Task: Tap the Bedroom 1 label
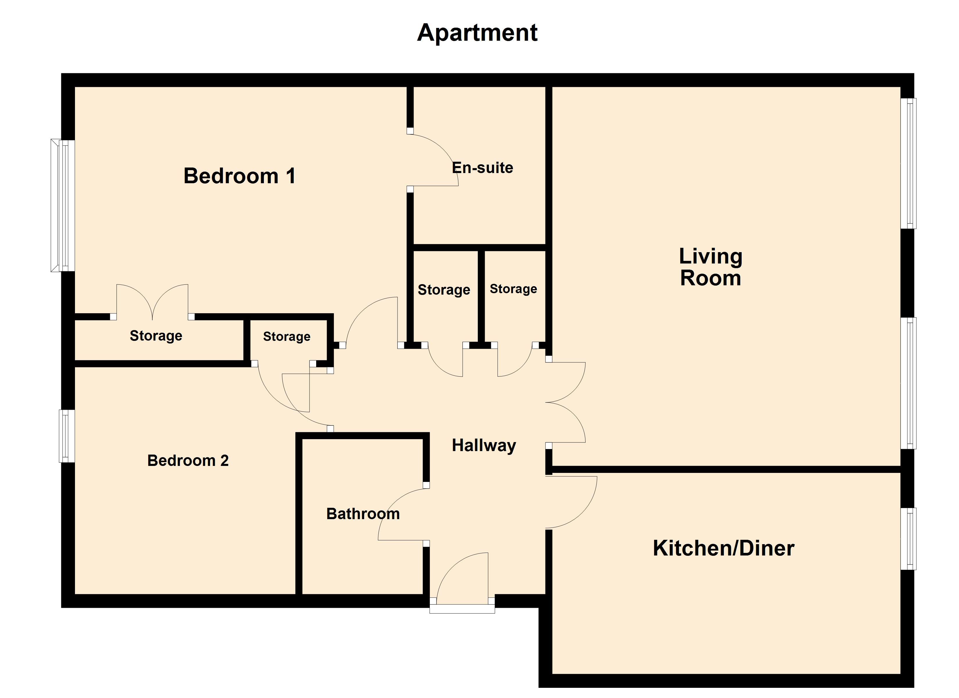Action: tap(239, 176)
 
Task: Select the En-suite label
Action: tap(482, 168)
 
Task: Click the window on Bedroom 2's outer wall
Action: tap(67, 436)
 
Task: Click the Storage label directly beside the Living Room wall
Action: tap(513, 289)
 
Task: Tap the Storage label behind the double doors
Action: tap(156, 336)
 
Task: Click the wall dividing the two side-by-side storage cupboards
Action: tap(481, 296)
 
